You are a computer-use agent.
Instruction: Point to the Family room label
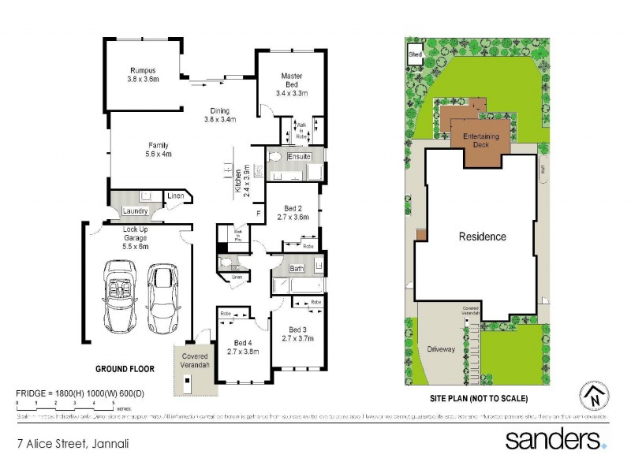point(159,150)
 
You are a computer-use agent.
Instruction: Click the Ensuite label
point(298,158)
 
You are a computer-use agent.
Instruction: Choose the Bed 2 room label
point(292,210)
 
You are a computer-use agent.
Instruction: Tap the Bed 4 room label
point(243,347)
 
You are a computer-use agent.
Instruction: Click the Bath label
point(296,269)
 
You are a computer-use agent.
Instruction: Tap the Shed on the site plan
point(414,54)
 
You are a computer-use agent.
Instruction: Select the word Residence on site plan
point(482,236)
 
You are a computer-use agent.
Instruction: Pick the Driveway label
point(441,349)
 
